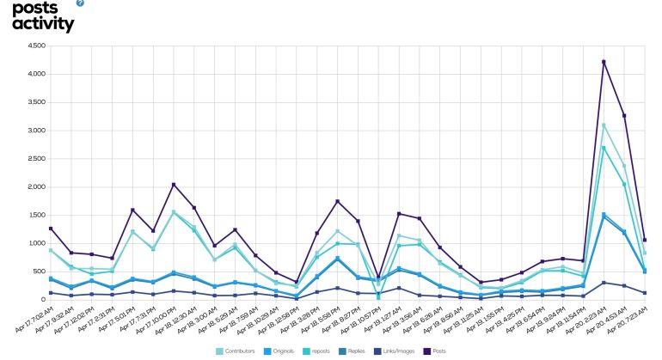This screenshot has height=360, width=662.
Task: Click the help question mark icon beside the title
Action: pos(81,3)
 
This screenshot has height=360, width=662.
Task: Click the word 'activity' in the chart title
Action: pos(44,24)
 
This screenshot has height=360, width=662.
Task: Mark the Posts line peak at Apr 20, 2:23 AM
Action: pos(604,62)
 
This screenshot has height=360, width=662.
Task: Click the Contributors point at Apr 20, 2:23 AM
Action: pos(604,125)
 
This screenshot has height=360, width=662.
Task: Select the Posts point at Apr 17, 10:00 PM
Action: pos(174,185)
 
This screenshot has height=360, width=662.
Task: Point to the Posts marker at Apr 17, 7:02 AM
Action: pos(51,229)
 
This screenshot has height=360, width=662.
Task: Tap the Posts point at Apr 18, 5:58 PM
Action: pos(338,201)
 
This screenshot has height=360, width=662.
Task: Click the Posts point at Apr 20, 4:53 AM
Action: pos(624,116)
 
